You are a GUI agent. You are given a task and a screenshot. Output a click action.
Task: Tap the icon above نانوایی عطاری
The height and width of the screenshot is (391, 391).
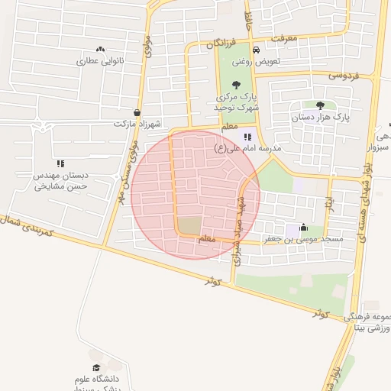101,49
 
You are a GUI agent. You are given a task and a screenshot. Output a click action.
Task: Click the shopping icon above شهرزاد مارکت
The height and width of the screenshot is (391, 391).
137,111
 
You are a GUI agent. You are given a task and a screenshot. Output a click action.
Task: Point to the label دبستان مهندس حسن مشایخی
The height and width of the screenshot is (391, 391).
60,180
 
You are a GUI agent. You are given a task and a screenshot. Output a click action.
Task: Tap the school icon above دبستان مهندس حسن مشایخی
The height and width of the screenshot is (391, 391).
60,163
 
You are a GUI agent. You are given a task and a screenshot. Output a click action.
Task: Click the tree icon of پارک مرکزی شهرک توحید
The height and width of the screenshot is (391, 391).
235,85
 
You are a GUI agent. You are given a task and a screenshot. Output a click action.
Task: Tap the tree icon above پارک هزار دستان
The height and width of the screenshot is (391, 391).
319,105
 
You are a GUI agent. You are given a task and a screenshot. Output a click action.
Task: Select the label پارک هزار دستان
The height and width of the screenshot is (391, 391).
319,118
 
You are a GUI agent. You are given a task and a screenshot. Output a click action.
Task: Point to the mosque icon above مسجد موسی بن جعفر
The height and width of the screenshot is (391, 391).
304,227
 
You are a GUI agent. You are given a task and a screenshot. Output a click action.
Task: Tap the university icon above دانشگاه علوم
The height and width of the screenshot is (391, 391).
96,367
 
